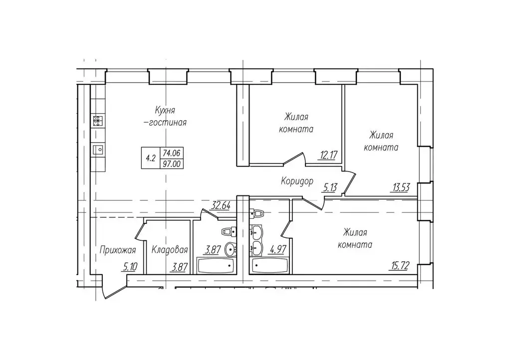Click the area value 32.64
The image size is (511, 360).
tap(221, 205)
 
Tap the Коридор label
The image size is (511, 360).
tap(297, 181)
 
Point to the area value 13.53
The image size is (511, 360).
tap(401, 187)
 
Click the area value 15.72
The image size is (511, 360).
tap(400, 266)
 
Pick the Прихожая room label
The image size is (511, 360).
tap(117, 250)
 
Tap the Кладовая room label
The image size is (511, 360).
tap(170, 250)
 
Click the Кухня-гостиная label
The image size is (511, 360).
tap(167, 116)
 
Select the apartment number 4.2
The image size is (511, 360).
tap(151, 158)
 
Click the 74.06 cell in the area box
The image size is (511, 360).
tap(172, 153)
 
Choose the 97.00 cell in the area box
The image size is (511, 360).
tap(172, 164)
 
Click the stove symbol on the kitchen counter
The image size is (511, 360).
tap(98, 121)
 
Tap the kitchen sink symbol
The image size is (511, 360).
tap(98, 150)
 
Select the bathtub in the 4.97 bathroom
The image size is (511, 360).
tap(269, 266)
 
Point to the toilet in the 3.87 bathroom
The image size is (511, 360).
tap(229, 232)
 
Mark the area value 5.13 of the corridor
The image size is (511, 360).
tap(329, 187)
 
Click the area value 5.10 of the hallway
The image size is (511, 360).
tap(129, 267)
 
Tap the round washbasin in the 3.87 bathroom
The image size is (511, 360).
tap(231, 250)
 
